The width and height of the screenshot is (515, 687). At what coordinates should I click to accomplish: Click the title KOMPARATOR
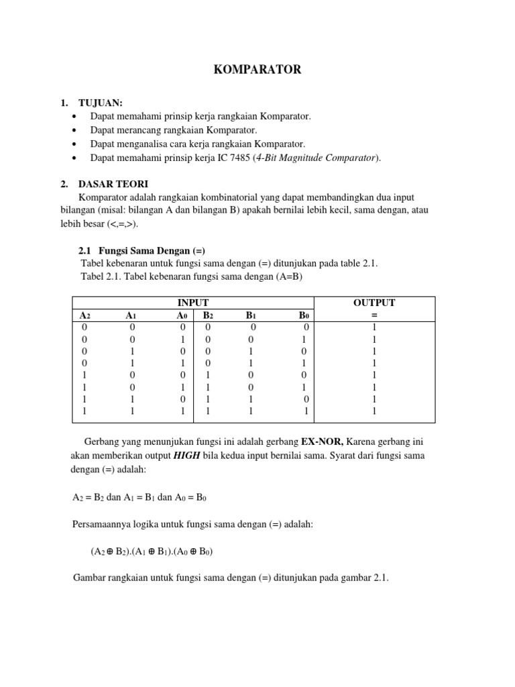coord(257,70)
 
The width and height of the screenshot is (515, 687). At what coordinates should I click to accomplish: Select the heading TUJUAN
coord(101,103)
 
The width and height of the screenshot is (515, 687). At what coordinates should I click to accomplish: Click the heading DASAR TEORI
coord(113,183)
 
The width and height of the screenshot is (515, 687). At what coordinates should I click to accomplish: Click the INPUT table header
coord(192,303)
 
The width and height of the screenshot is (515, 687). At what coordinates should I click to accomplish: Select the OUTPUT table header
coord(374,303)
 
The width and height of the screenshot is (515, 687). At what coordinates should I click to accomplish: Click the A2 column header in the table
coord(85,315)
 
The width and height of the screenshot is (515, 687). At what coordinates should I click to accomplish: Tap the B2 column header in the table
coord(208,315)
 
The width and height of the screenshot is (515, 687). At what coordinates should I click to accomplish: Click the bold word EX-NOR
coord(322,443)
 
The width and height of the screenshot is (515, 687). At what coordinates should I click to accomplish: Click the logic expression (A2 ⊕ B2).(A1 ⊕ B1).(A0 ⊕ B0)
coord(152,551)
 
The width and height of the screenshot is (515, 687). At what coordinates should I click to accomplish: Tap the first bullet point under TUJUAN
coord(75,117)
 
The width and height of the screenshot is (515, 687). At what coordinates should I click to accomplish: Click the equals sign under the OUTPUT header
coord(374,315)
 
